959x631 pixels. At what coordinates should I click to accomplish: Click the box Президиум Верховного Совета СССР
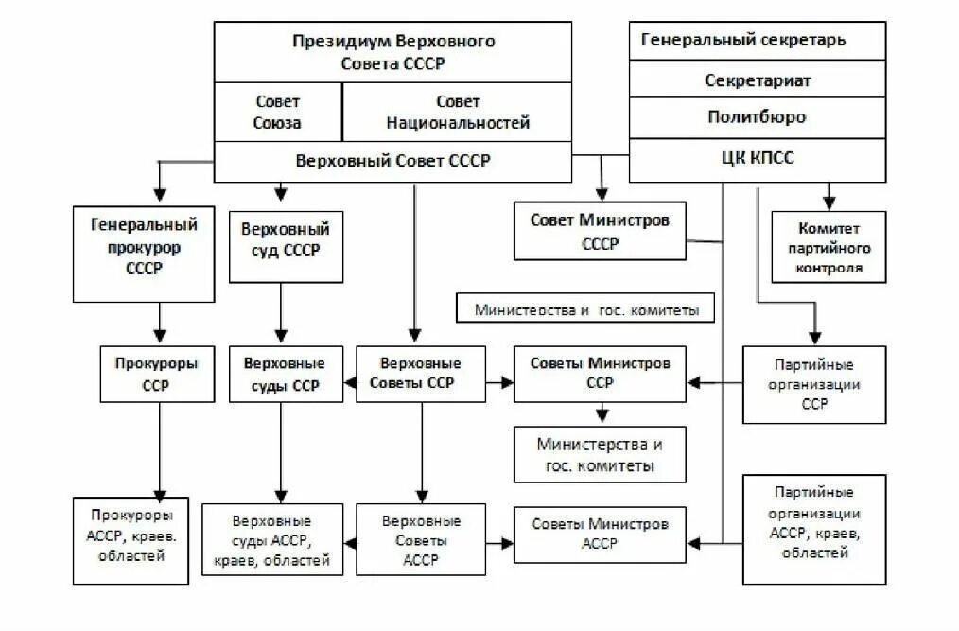click(392, 53)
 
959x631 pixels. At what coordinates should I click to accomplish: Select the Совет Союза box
click(277, 112)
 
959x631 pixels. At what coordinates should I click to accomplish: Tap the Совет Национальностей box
click(457, 112)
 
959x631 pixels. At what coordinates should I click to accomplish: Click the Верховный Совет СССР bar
click(392, 161)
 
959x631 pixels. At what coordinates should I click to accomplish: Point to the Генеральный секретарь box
click(757, 41)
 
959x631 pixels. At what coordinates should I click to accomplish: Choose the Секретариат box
click(757, 80)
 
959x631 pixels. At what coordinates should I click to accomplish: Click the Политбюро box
click(757, 117)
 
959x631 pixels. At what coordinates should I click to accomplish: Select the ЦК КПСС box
click(757, 158)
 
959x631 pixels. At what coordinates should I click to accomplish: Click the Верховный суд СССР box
click(286, 241)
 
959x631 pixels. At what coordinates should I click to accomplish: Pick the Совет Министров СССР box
click(600, 231)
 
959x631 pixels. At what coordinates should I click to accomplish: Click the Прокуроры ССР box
click(157, 375)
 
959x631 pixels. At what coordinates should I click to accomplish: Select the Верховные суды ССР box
click(286, 375)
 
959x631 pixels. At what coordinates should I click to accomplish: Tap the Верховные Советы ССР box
click(420, 375)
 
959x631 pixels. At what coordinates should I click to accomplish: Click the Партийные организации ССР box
click(813, 383)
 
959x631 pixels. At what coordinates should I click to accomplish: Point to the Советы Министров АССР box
click(600, 534)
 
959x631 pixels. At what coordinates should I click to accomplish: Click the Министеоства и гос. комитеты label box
click(584, 309)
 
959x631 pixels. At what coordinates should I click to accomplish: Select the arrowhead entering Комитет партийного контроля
click(829, 202)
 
